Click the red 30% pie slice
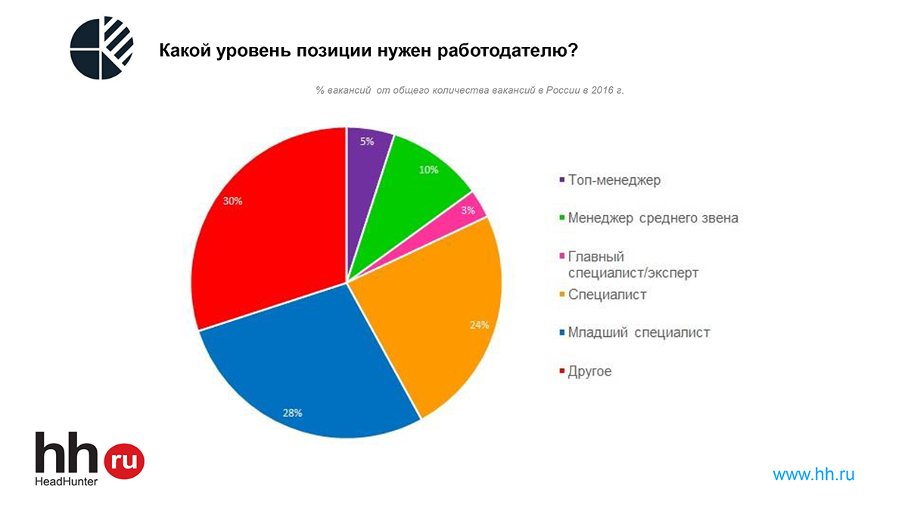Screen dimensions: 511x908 265,227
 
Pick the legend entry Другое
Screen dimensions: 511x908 589,371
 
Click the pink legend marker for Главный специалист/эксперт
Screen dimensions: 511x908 561,257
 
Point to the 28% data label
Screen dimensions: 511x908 293,413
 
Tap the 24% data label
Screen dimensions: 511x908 479,325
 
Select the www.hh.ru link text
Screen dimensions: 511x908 813,475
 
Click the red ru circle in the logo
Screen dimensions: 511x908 123,460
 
